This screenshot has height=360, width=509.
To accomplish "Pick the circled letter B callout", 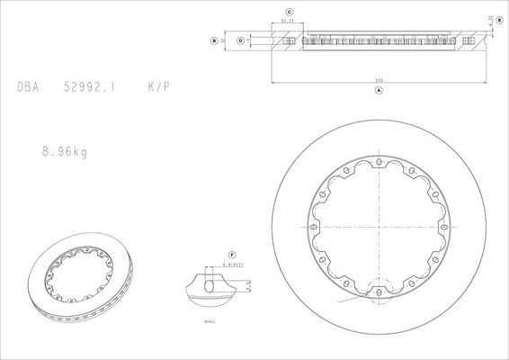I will (212, 40).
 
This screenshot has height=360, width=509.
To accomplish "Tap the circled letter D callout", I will (240, 40).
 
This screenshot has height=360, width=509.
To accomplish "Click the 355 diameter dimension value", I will (379, 82).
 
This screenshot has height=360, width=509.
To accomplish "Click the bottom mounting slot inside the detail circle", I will (379, 289).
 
